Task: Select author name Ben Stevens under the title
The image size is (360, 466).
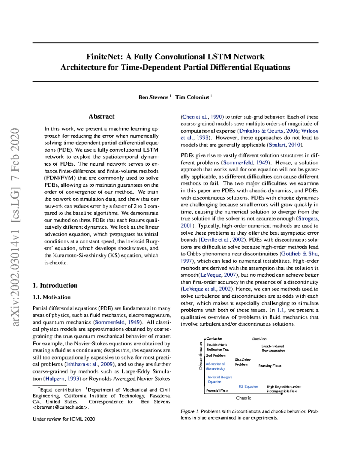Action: pos(153,97)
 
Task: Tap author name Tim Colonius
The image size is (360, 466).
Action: pos(192,97)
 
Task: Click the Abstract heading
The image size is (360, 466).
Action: pos(101,116)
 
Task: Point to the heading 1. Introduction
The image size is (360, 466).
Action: pos(55,285)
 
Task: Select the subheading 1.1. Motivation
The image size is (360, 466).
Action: pos(52,297)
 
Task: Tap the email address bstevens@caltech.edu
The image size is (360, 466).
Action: pos(61,407)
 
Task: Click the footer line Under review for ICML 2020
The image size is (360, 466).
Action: pos(64,419)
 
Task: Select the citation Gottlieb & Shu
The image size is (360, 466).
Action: pos(300,254)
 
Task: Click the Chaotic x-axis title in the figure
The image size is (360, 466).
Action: pos(243,398)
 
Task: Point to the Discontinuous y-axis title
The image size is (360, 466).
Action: pos(200,356)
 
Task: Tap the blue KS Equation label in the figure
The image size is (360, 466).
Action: pos(248,386)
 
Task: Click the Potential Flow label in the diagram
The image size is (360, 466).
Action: pos(217,391)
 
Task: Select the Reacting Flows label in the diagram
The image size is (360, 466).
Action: pos(270,366)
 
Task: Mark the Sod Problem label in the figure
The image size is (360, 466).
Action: pos(216,356)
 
